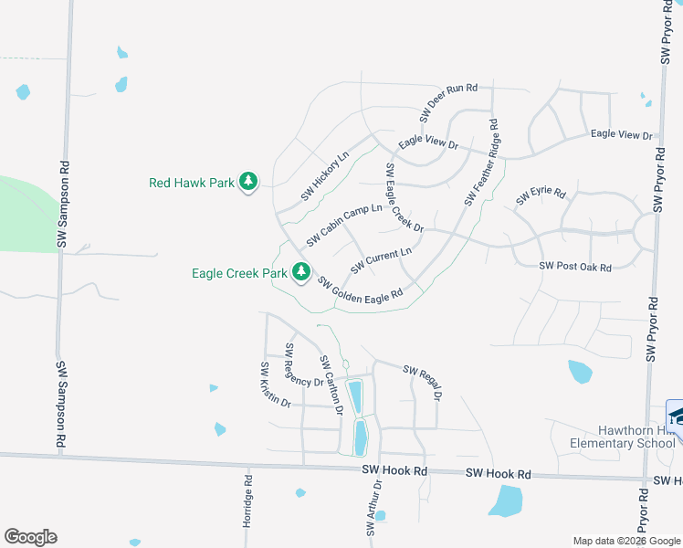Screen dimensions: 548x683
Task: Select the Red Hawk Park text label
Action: click(x=192, y=183)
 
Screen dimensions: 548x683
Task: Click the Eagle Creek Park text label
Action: click(x=239, y=273)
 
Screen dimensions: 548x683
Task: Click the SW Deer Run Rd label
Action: click(x=448, y=102)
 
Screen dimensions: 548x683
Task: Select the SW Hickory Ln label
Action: click(x=325, y=175)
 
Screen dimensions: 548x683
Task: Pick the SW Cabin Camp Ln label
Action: click(x=344, y=225)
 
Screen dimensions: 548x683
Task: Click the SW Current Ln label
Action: click(x=382, y=259)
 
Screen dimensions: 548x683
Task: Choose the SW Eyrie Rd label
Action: click(x=541, y=196)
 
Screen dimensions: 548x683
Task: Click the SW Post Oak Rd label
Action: click(x=574, y=266)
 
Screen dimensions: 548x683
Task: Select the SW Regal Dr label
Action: click(x=423, y=383)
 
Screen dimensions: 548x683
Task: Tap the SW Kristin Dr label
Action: click(x=275, y=385)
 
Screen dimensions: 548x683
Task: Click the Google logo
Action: click(x=30, y=537)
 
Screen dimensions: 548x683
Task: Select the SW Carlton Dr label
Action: click(x=330, y=385)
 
